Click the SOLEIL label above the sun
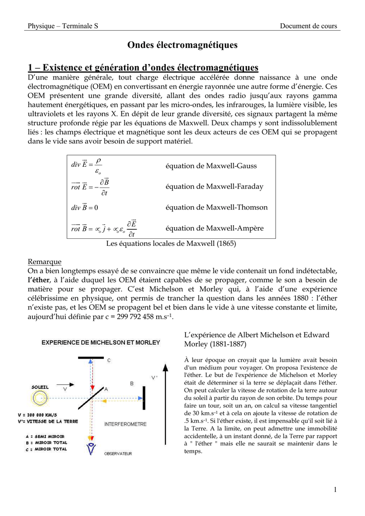coord(40,387)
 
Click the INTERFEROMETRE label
coord(126,424)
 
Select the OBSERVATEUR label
coord(118,454)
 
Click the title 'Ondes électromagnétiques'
coord(182,45)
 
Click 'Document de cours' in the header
coord(309,26)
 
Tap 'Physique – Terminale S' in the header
coord(63,26)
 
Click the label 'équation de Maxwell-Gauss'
coord(211,166)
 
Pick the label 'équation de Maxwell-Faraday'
coord(214,186)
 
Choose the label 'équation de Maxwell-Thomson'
coord(217,207)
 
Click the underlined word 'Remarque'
coord(44,262)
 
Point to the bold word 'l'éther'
coord(39,280)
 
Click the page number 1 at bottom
coord(335,490)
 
